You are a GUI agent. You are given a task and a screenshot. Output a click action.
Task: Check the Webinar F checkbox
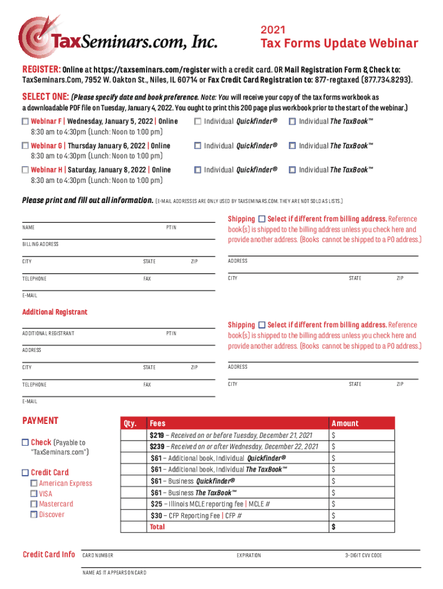click(x=25, y=121)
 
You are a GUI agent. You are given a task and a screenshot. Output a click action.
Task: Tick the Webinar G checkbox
click(x=25, y=146)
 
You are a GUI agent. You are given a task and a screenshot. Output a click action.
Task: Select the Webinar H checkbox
click(x=25, y=170)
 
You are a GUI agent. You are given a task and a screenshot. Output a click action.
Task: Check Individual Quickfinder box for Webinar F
click(x=197, y=121)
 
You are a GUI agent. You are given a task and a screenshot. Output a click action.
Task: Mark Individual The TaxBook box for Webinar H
click(x=292, y=170)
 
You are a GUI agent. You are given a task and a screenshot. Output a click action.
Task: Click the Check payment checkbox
click(x=25, y=442)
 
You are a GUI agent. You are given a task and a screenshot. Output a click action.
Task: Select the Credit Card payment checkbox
click(x=25, y=472)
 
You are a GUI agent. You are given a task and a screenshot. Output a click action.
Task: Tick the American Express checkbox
click(x=34, y=483)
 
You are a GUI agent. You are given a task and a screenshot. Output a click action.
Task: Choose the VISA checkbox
click(x=34, y=494)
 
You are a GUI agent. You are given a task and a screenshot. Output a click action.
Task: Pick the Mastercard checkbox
click(x=34, y=504)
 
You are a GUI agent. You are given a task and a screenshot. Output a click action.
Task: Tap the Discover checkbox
click(x=34, y=514)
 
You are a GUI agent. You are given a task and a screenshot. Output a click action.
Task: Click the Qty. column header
click(x=130, y=423)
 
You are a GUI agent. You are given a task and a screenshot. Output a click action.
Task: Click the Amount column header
click(x=345, y=423)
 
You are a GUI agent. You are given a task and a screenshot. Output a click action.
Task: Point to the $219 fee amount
click(x=156, y=435)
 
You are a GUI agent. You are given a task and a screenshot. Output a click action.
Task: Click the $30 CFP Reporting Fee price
click(x=156, y=515)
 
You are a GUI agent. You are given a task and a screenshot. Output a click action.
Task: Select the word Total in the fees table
click(x=157, y=527)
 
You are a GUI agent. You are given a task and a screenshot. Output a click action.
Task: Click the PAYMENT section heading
click(x=40, y=420)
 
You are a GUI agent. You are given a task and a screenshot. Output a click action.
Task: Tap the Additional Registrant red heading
click(x=55, y=312)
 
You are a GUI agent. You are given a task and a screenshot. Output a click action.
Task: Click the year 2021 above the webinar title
click(x=273, y=30)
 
